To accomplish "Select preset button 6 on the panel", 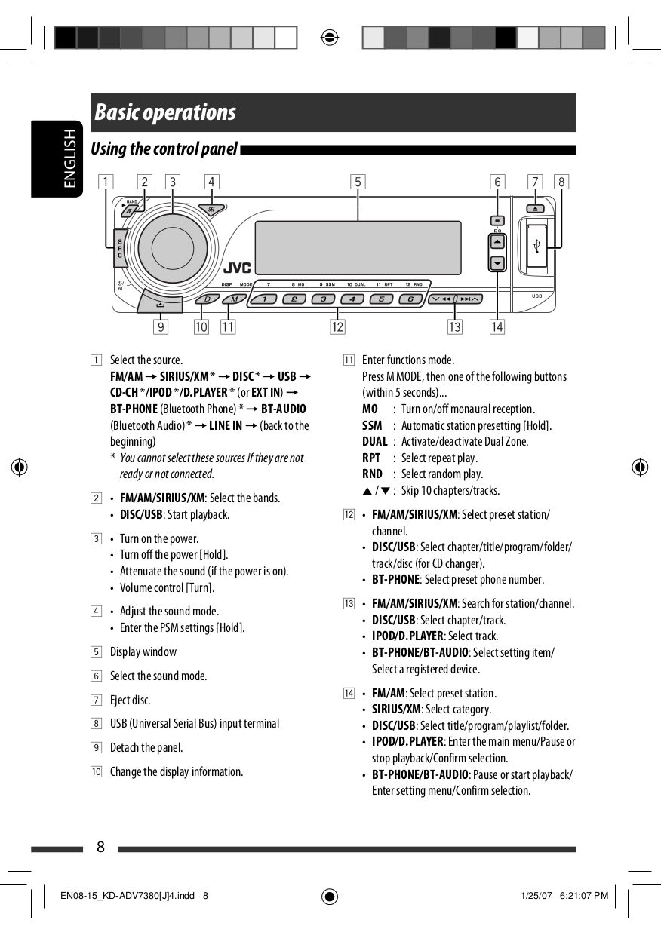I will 410,299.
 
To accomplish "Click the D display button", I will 206,299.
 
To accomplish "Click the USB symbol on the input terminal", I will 536,247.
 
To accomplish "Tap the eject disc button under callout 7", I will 534,208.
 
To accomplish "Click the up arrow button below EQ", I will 497,242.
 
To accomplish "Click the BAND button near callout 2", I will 130,210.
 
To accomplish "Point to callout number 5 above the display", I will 358,182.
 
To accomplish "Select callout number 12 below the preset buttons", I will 337,327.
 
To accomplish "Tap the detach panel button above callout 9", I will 161,304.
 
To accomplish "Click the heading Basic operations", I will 165,113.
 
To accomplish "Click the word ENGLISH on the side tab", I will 69,158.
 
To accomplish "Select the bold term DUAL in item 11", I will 374,442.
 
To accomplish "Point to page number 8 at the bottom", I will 100,848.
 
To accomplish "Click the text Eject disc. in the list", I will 131,700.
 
